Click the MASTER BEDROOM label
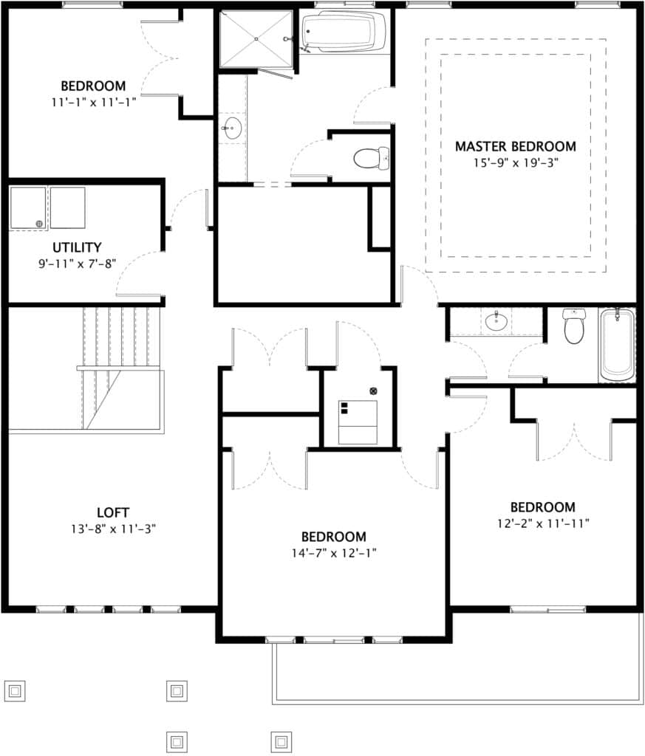[515, 146]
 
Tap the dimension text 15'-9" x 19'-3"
[515, 162]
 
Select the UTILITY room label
[77, 247]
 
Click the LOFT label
[113, 512]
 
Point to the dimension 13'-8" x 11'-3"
[113, 529]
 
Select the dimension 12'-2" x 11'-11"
[542, 523]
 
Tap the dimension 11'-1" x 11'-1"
[93, 102]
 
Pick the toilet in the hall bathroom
[574, 326]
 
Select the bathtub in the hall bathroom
[617, 346]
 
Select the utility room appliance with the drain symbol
[28, 208]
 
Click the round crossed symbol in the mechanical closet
[373, 391]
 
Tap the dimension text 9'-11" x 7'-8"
[77, 263]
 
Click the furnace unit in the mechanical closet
[358, 422]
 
